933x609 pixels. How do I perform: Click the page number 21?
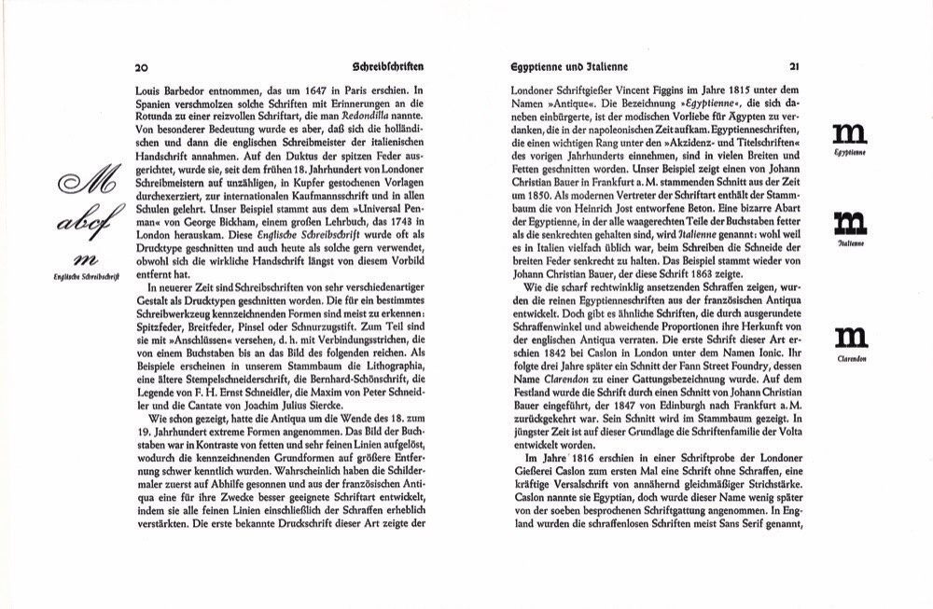click(x=794, y=67)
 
